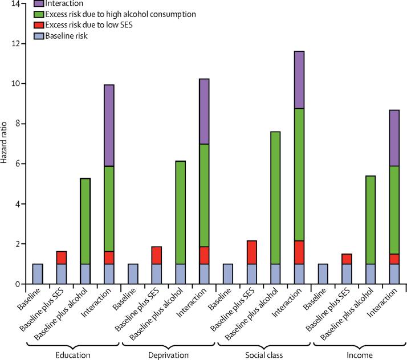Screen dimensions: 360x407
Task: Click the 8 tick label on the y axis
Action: [18, 124]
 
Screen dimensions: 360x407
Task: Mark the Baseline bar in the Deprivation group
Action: [133, 273]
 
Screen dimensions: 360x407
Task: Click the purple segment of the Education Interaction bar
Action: [108, 125]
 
